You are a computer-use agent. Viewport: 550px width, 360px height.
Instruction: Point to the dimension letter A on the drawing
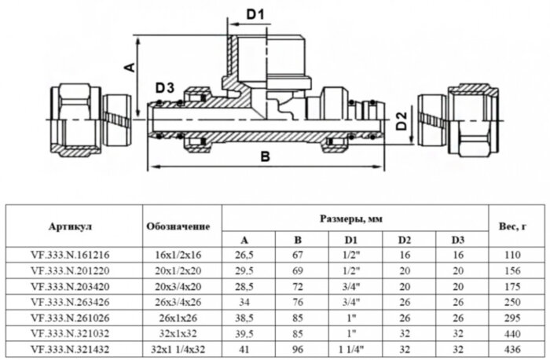[131, 68]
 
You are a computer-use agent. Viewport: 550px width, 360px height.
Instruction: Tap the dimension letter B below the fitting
[265, 156]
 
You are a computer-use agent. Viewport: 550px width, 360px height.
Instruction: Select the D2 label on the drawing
[401, 121]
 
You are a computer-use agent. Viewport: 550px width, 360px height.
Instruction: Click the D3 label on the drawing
[164, 86]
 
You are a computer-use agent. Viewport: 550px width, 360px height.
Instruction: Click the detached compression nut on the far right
[456, 120]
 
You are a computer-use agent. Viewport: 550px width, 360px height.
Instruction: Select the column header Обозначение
[178, 226]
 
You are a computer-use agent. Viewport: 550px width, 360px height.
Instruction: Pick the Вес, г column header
[512, 226]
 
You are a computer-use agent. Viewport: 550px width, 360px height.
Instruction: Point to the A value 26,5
[244, 255]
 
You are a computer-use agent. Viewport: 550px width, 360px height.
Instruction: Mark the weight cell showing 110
[512, 255]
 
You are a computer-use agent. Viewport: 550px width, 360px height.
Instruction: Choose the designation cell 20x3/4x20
[178, 285]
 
